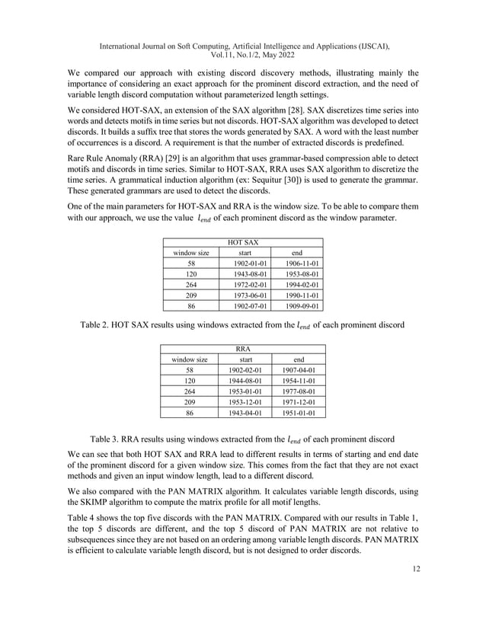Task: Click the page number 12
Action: point(414,567)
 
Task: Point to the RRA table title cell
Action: point(243,350)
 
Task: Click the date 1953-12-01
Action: point(246,400)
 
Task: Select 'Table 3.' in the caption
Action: point(108,439)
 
